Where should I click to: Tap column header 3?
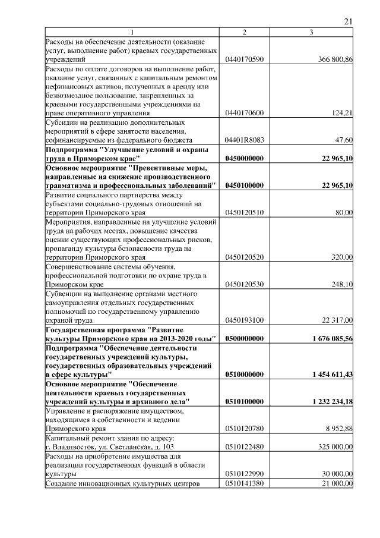[311, 32]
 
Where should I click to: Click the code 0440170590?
[245, 60]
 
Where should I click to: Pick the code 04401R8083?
[245, 140]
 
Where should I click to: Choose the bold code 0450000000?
[245, 158]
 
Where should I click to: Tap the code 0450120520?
[245, 257]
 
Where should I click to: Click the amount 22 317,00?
[337, 320]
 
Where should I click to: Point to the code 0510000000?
[245, 375]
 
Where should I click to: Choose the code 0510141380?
[245, 483]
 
